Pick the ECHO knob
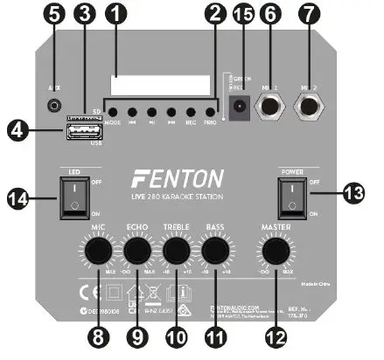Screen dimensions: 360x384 point(138,252)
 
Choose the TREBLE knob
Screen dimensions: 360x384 point(175,252)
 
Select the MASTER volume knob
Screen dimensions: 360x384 point(276,252)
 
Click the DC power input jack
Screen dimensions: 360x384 point(235,109)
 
